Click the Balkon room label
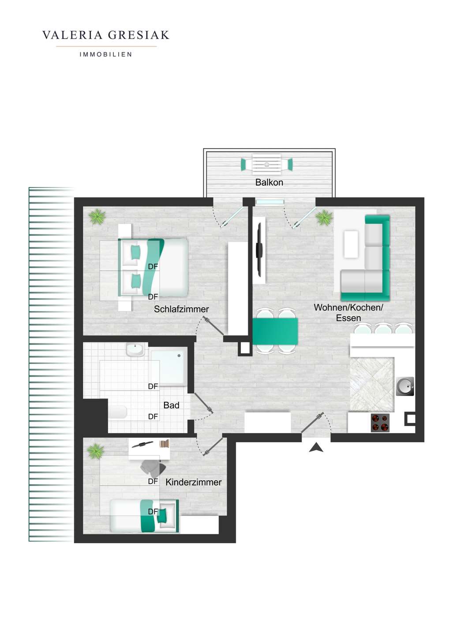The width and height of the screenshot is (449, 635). [x=269, y=183]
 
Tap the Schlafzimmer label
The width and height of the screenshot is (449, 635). [x=181, y=309]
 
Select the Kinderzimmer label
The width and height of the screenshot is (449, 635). [x=193, y=482]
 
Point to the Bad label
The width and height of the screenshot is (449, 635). [x=171, y=405]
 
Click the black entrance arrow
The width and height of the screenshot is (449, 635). [x=316, y=448]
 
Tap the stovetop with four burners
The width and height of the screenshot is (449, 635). [x=380, y=422]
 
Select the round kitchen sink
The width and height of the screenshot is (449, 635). [x=405, y=387]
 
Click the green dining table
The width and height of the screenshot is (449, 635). [x=275, y=331]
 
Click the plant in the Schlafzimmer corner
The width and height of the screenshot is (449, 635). [x=97, y=217]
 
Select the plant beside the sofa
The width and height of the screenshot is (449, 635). [x=324, y=217]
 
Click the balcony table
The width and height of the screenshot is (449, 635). [x=266, y=164]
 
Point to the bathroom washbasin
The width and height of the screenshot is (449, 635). [x=135, y=350]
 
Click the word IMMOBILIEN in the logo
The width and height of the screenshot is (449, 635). [x=106, y=55]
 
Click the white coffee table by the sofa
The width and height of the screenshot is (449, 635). [x=351, y=244]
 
